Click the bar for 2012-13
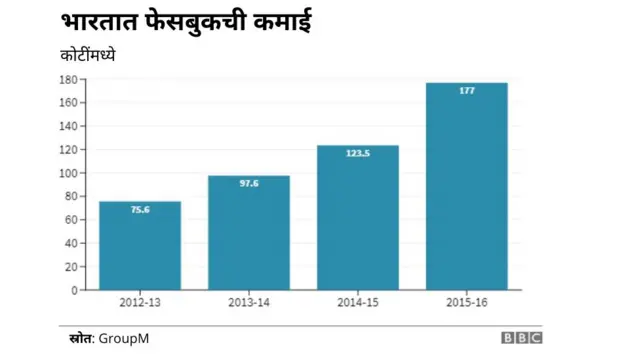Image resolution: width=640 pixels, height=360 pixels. (x=140, y=246)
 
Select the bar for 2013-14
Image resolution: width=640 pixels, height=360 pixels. (x=249, y=233)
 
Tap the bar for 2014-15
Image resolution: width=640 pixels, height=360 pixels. (x=358, y=218)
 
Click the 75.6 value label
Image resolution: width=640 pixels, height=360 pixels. (x=140, y=209)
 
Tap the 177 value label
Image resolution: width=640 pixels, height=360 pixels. (x=467, y=90)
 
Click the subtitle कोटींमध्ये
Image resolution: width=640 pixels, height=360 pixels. (x=88, y=56)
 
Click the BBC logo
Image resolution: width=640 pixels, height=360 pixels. (x=521, y=339)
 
